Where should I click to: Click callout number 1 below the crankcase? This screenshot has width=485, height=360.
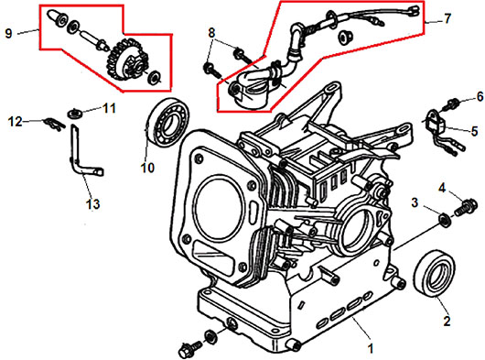tap(371, 348)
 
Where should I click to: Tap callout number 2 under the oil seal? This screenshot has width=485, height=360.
tap(447, 321)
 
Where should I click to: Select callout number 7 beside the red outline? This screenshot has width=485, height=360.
tap(447, 19)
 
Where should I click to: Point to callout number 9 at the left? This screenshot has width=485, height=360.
tap(8, 33)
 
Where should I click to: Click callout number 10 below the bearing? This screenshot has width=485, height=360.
tap(147, 168)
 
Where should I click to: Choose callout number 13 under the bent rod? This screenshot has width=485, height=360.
tap(93, 204)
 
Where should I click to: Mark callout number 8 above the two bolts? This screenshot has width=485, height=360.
tap(211, 33)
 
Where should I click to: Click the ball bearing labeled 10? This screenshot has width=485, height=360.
tap(167, 122)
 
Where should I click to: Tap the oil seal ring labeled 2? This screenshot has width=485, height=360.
tap(435, 276)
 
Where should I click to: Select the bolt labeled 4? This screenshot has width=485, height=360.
tap(466, 206)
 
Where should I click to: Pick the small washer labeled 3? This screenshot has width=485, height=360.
tap(445, 220)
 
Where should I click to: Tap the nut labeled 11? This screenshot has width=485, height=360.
tap(75, 113)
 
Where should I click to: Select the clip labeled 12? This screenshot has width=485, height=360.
tap(54, 124)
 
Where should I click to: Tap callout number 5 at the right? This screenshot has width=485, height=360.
tap(474, 131)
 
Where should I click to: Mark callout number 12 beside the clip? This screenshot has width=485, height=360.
tap(16, 122)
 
